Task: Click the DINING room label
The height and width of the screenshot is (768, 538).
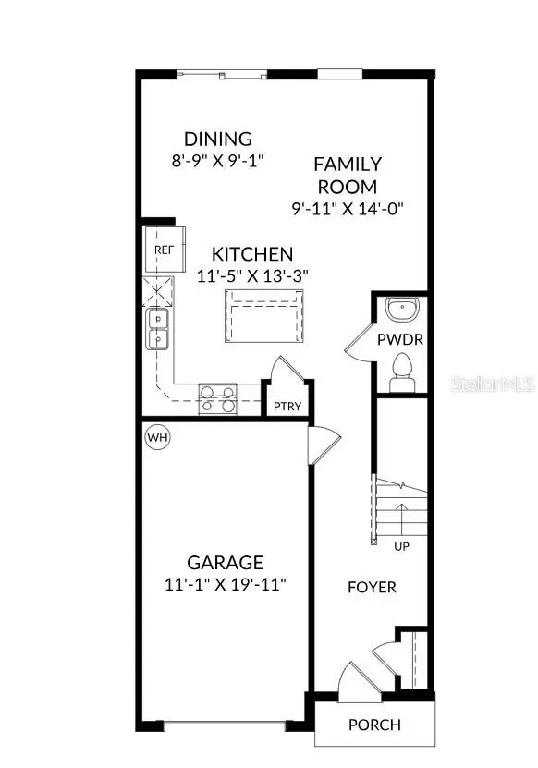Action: tap(217, 140)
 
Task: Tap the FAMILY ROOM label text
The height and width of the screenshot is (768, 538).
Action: tap(348, 175)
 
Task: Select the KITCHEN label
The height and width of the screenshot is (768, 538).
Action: tap(252, 254)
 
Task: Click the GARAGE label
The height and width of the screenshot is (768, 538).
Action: tap(226, 562)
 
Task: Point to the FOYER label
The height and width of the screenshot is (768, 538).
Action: tap(372, 587)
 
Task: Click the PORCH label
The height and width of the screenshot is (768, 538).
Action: tap(374, 725)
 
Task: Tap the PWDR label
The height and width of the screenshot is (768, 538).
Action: tap(400, 339)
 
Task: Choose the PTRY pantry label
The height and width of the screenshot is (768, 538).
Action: tap(287, 407)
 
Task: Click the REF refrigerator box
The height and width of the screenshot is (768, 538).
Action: tap(164, 250)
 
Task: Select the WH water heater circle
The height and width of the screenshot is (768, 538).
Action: tap(157, 436)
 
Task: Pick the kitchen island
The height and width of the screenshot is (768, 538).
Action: tap(263, 315)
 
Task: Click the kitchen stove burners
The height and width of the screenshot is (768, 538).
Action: tap(217, 398)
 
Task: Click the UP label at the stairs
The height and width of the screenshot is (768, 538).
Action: tap(402, 546)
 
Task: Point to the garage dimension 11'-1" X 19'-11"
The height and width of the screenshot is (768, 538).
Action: tap(226, 584)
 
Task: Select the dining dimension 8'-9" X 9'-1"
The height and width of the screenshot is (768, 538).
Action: tap(217, 160)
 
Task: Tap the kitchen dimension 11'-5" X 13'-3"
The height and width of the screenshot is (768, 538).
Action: tap(252, 274)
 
